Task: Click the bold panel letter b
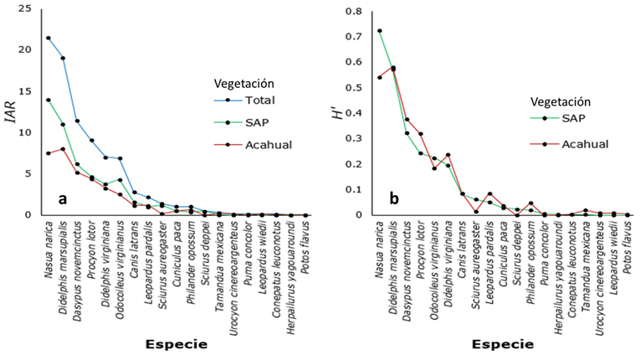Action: pyautogui.click(x=391, y=198)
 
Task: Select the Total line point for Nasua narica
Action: pyautogui.click(x=49, y=38)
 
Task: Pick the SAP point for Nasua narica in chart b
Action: pyautogui.click(x=379, y=31)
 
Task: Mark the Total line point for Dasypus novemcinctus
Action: pyautogui.click(x=77, y=121)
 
